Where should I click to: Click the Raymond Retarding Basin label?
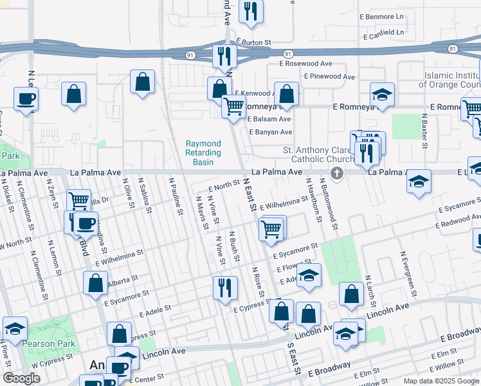(x=203, y=153)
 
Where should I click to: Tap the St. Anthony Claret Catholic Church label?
(x=319, y=154)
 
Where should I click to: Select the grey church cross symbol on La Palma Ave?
(x=336, y=172)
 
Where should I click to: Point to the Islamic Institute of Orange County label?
(x=451, y=80)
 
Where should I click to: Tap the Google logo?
(x=21, y=378)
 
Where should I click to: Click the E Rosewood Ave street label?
(x=305, y=64)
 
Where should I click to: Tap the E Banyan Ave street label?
(x=270, y=132)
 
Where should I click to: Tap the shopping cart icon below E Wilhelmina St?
(x=272, y=228)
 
